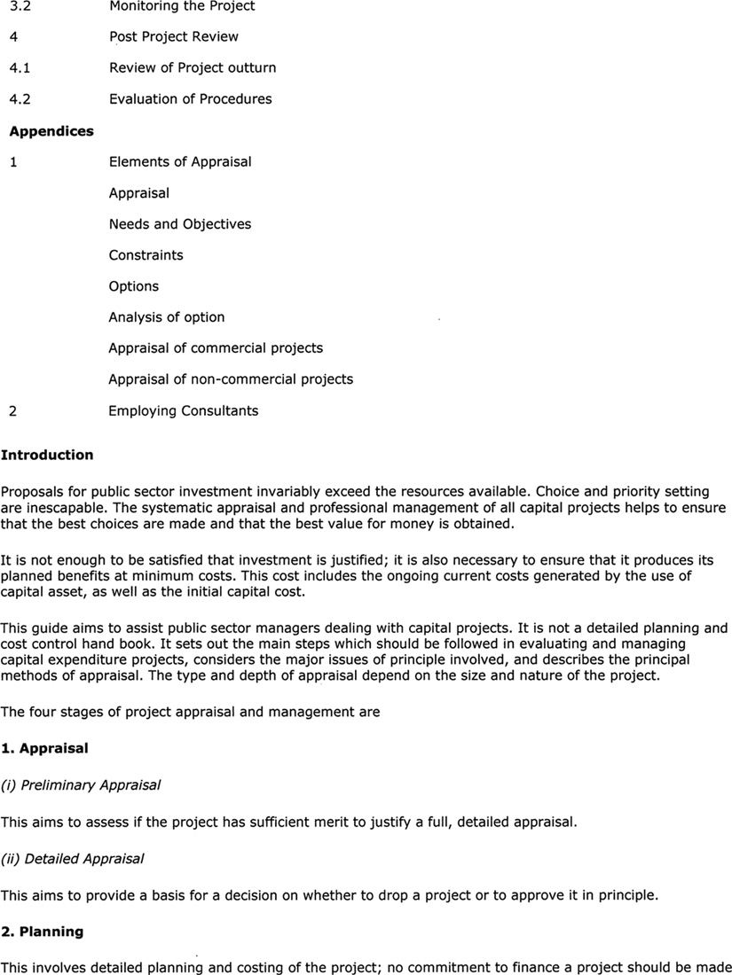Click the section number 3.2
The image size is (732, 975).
19,6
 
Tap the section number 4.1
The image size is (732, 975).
19,68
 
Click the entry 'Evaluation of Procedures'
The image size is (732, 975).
190,99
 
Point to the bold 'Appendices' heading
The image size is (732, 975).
51,131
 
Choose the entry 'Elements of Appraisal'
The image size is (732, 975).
180,162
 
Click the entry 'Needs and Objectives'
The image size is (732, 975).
179,224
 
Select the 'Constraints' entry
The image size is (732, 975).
146,255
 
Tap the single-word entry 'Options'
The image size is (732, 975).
133,286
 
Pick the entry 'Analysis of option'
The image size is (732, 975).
166,317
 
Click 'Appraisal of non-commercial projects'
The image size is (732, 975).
230,379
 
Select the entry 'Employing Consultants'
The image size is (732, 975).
183,411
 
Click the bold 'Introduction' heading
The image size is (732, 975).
47,456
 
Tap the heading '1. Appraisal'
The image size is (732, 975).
44,748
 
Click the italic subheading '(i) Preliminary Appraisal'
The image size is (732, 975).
81,785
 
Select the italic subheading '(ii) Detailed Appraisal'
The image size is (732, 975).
72,858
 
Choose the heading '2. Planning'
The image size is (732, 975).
42,932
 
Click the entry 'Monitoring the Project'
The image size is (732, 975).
182,6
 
